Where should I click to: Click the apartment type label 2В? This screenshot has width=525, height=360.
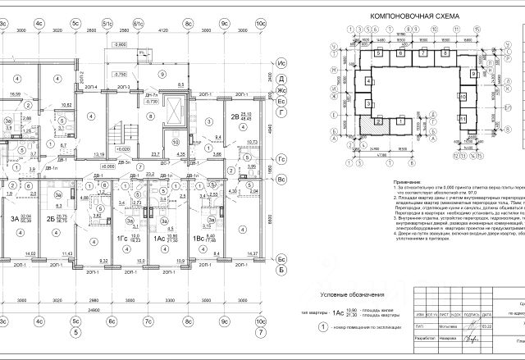(235, 116)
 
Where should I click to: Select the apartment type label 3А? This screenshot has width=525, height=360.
(15, 218)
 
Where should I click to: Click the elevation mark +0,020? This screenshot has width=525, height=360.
(123, 150)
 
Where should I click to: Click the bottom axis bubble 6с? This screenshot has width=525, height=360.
(111, 311)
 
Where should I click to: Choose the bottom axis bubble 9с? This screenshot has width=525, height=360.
(222, 311)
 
